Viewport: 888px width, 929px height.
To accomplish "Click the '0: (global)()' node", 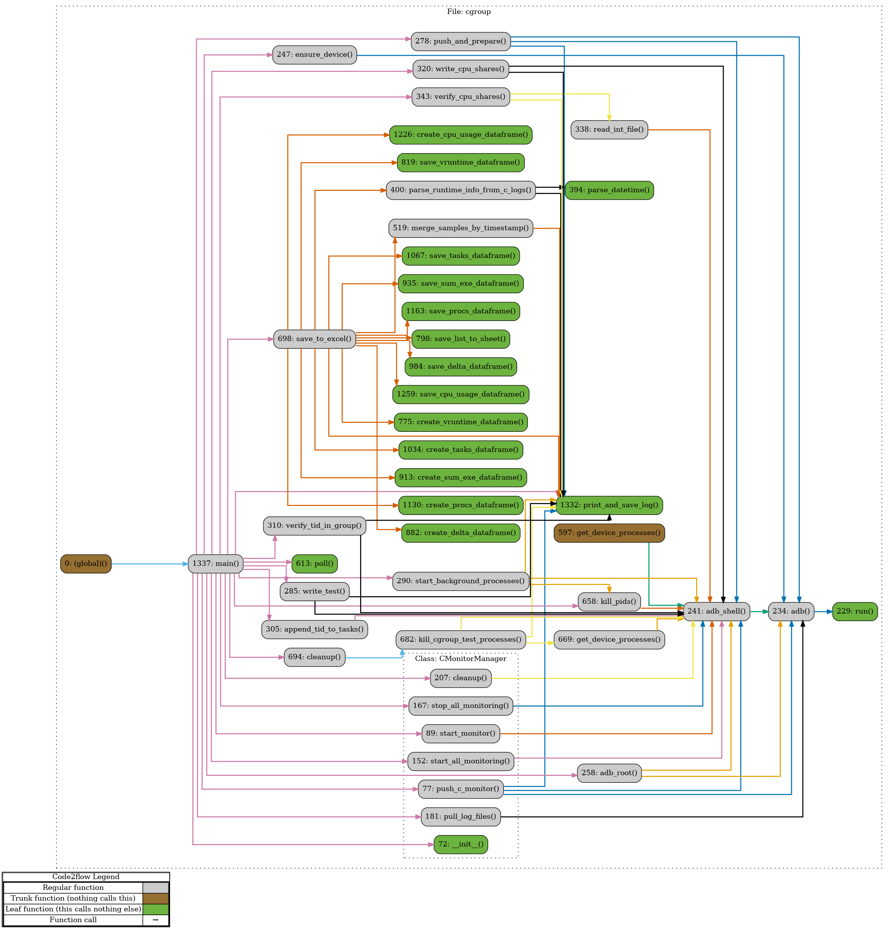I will coord(86,563).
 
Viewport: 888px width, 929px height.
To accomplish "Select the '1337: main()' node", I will coord(215,563).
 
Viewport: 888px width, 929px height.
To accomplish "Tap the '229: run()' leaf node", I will coord(855,611).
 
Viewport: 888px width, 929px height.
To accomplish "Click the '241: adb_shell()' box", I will coord(716,611).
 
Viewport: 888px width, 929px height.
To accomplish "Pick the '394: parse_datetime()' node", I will coord(609,190).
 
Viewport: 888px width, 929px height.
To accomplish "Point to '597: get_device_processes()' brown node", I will coord(609,533).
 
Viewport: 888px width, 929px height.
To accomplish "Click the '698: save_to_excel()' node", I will coord(314,339).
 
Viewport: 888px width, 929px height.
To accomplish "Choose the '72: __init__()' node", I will coord(461,844).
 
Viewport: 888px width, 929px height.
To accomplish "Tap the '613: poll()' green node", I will coord(314,563).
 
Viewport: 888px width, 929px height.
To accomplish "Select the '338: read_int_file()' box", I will coord(609,129).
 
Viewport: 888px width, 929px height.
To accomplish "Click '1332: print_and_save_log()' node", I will coord(609,505).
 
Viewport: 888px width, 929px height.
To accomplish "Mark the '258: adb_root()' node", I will coord(609,773).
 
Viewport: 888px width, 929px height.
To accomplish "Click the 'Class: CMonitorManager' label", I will coord(461,658).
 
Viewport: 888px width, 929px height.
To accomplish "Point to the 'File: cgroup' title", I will coord(469,12).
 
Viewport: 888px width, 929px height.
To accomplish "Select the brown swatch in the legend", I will coord(156,898).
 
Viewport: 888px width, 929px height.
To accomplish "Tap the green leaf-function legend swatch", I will coord(156,909).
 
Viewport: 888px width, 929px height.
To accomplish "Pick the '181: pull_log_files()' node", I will coord(461,816).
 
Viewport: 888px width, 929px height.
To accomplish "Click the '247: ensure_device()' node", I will coord(314,54).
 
